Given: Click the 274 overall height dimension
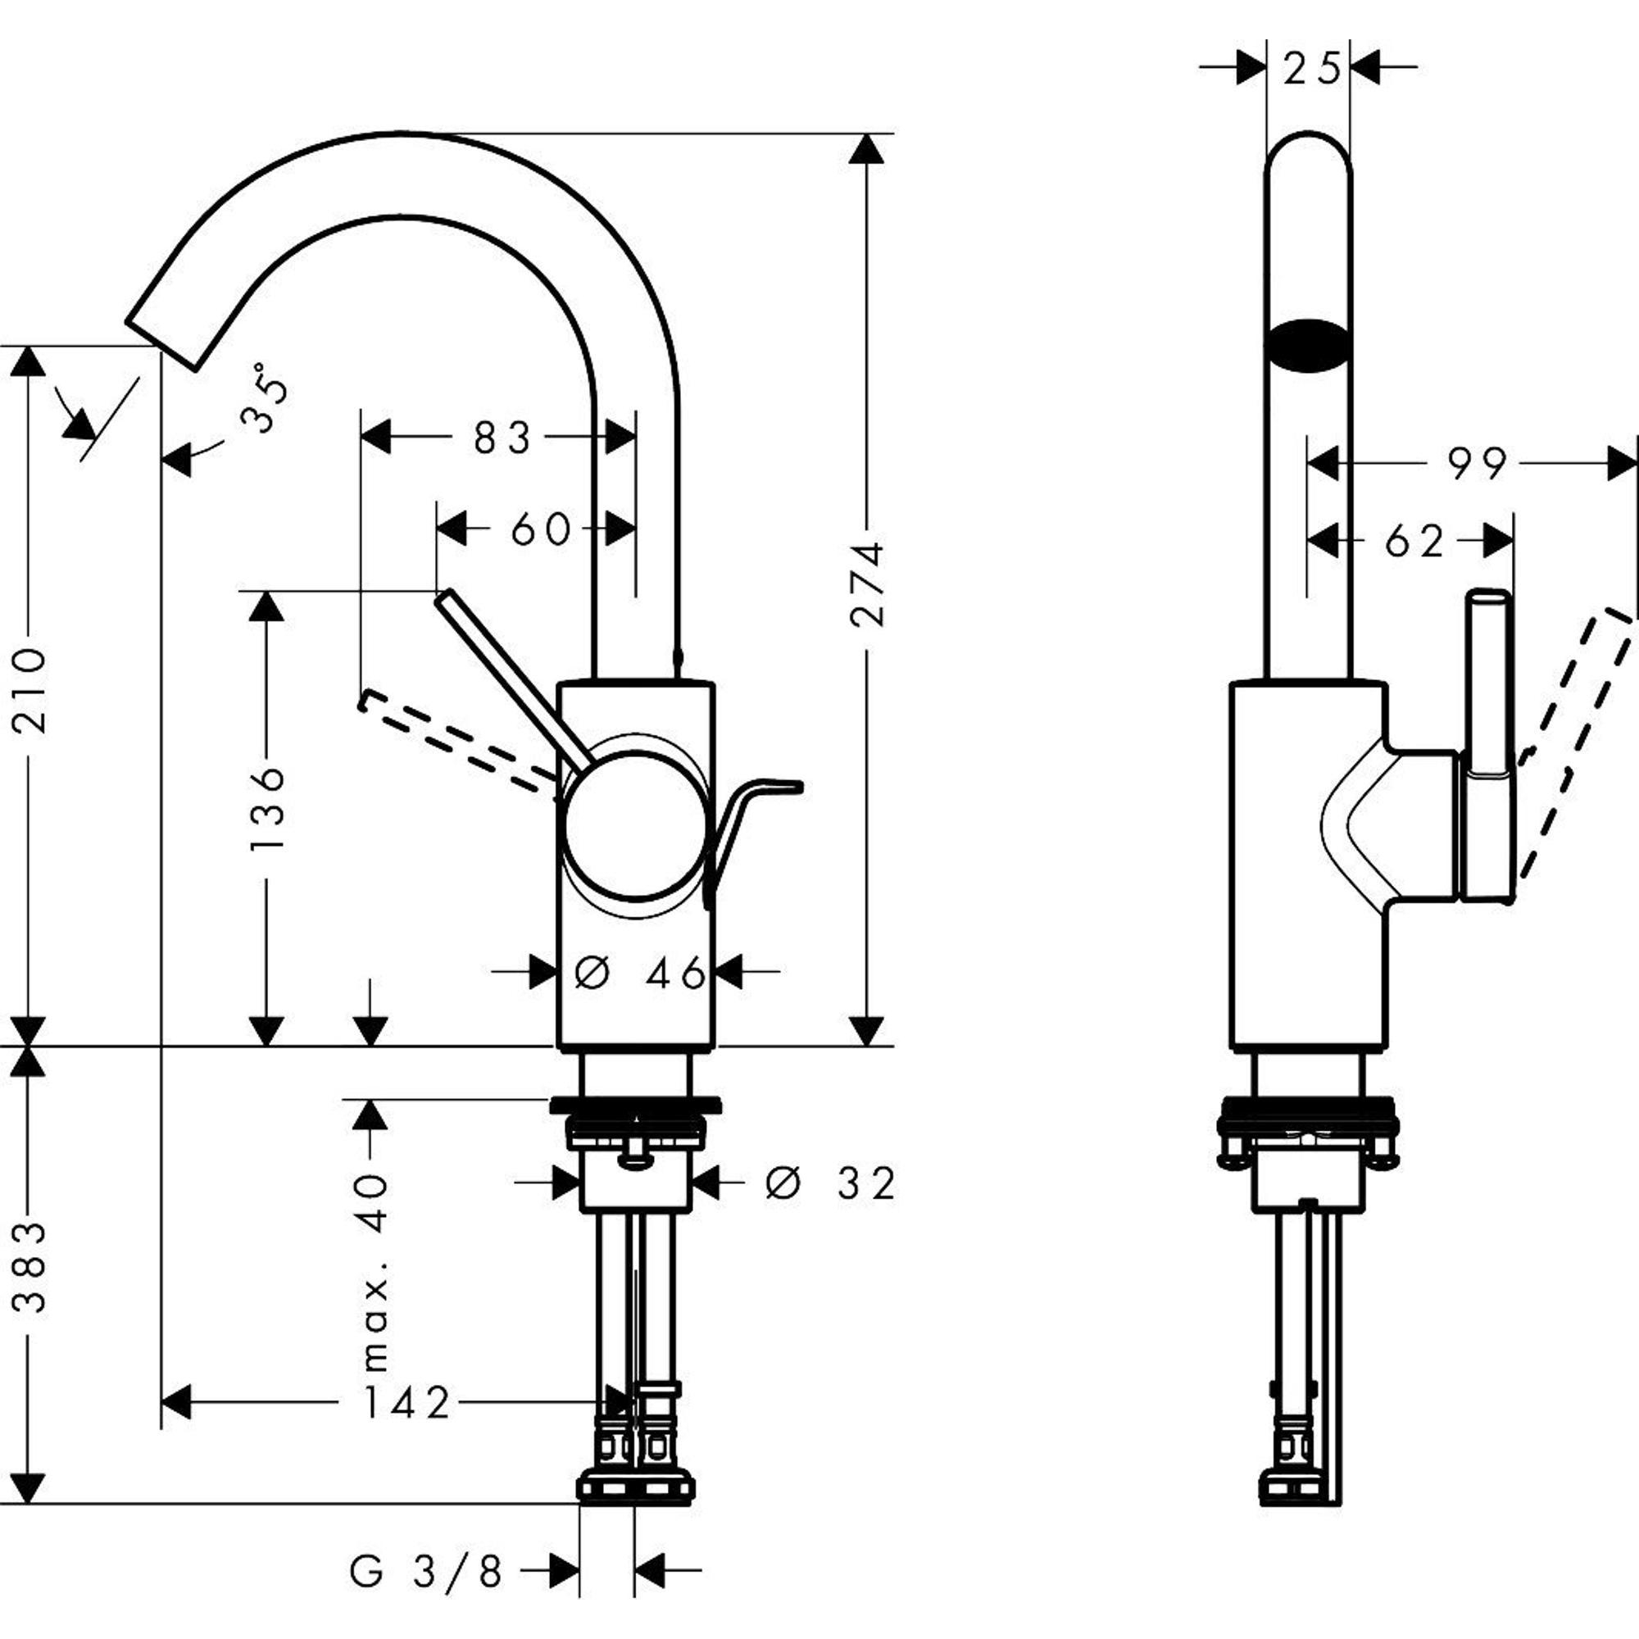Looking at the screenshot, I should [x=867, y=583].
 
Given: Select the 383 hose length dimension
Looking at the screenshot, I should [x=30, y=1268].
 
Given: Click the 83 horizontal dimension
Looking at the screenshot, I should [x=502, y=438].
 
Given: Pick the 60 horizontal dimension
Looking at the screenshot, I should [x=540, y=530].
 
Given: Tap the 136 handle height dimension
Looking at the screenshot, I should [x=266, y=809].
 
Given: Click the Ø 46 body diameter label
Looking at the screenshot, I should [x=641, y=972].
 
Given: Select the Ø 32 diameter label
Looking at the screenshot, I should [x=829, y=1183].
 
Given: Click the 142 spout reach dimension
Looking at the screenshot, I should [x=406, y=1403].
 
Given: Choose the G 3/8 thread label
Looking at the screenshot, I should [x=426, y=1572].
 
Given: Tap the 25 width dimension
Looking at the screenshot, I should [x=1310, y=68].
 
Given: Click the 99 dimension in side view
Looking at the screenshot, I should [x=1477, y=464].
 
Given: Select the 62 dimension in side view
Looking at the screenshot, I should [x=1414, y=541].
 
